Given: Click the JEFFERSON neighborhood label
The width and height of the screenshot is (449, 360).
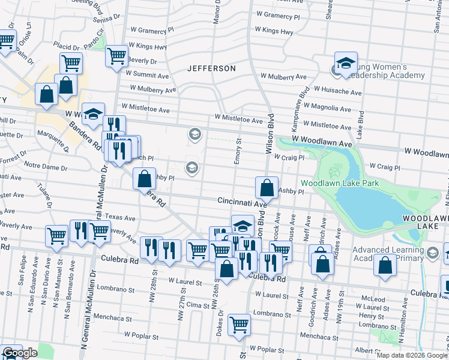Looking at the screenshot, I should click(211, 68).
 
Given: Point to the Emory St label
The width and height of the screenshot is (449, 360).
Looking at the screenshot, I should click(238, 152).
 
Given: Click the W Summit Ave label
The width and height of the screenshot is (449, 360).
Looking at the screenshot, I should click(148, 76).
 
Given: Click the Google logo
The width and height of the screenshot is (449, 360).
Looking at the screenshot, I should click(20, 353).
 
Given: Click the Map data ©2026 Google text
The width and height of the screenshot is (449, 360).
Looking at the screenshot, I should click(412, 355).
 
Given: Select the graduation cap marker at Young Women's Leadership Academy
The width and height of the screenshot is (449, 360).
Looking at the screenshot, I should click(346, 64).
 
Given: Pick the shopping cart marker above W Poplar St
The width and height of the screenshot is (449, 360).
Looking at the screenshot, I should click(240, 325).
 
